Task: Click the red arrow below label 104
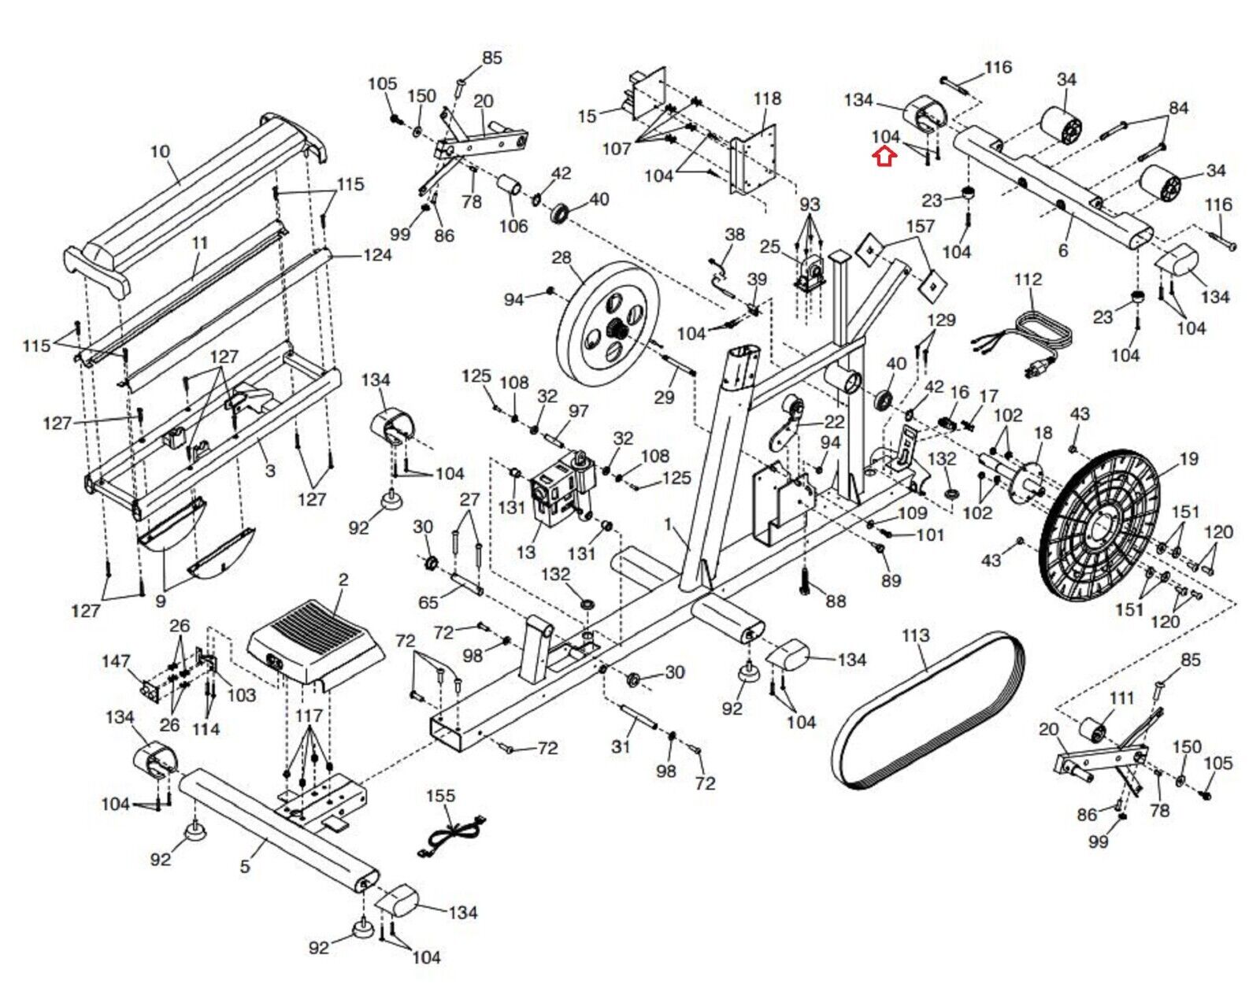pyautogui.click(x=884, y=157)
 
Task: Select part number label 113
pyautogui.click(x=916, y=635)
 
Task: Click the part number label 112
pyautogui.click(x=1028, y=279)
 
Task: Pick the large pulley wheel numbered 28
pyautogui.click(x=607, y=324)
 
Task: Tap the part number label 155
pyautogui.click(x=440, y=796)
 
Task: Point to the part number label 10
pyautogui.click(x=160, y=151)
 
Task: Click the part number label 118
pyautogui.click(x=767, y=98)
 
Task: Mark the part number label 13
pyautogui.click(x=526, y=553)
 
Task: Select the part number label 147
pyautogui.click(x=116, y=661)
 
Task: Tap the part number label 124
pyautogui.click(x=377, y=255)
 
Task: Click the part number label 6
pyautogui.click(x=1063, y=250)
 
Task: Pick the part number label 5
pyautogui.click(x=245, y=866)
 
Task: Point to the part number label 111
pyautogui.click(x=1121, y=698)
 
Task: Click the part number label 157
pyautogui.click(x=920, y=226)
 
